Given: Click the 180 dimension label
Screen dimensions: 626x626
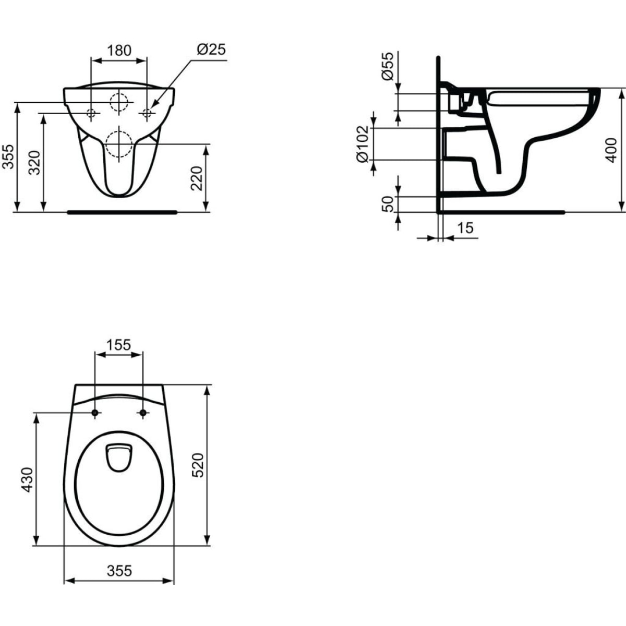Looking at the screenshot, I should [119, 50].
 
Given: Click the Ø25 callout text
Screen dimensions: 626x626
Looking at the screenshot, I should [211, 50].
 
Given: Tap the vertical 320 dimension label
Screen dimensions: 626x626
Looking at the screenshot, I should [34, 163].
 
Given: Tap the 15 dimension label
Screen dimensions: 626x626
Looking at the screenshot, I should [465, 228].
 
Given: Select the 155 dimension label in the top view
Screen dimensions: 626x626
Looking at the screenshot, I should [118, 345].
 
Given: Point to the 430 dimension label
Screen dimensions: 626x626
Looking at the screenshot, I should [27, 479].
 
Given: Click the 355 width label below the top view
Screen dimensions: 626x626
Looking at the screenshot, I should [119, 571].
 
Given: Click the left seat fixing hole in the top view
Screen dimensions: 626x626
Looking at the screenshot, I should [95, 413].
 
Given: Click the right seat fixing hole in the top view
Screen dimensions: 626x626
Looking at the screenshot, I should [142, 413].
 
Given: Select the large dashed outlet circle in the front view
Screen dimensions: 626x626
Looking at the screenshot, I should [119, 143].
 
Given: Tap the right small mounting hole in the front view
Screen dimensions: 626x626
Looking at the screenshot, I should [147, 112].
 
